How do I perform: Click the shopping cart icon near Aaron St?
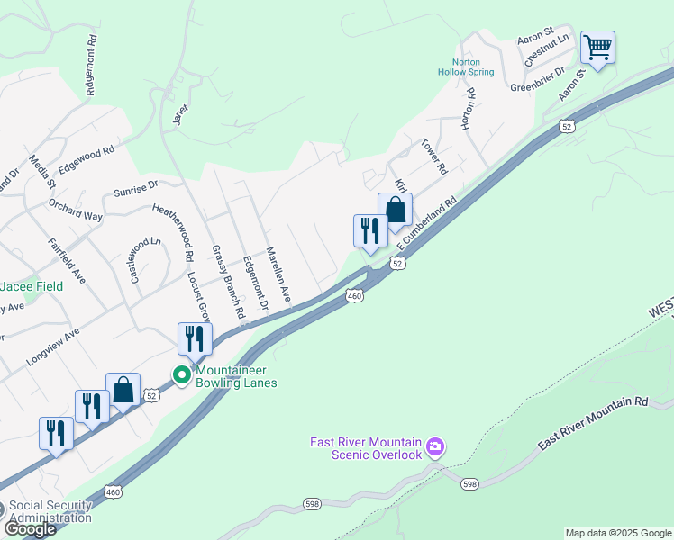click(x=597, y=49)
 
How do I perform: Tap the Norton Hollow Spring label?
click(x=465, y=67)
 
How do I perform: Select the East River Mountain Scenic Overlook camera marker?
click(x=435, y=446)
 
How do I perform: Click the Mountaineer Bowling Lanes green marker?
click(x=183, y=374)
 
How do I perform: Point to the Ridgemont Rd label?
click(x=90, y=65)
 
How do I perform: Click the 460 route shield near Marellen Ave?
click(x=354, y=295)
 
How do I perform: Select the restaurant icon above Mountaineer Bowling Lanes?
click(x=195, y=339)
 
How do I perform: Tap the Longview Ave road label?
click(x=53, y=346)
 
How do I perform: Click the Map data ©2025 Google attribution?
click(x=618, y=533)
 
